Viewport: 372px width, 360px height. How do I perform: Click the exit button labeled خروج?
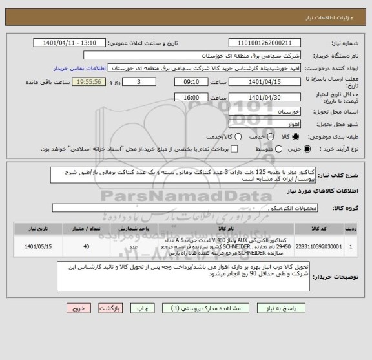point(76,309)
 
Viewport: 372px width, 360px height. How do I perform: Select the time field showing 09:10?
point(191,83)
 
